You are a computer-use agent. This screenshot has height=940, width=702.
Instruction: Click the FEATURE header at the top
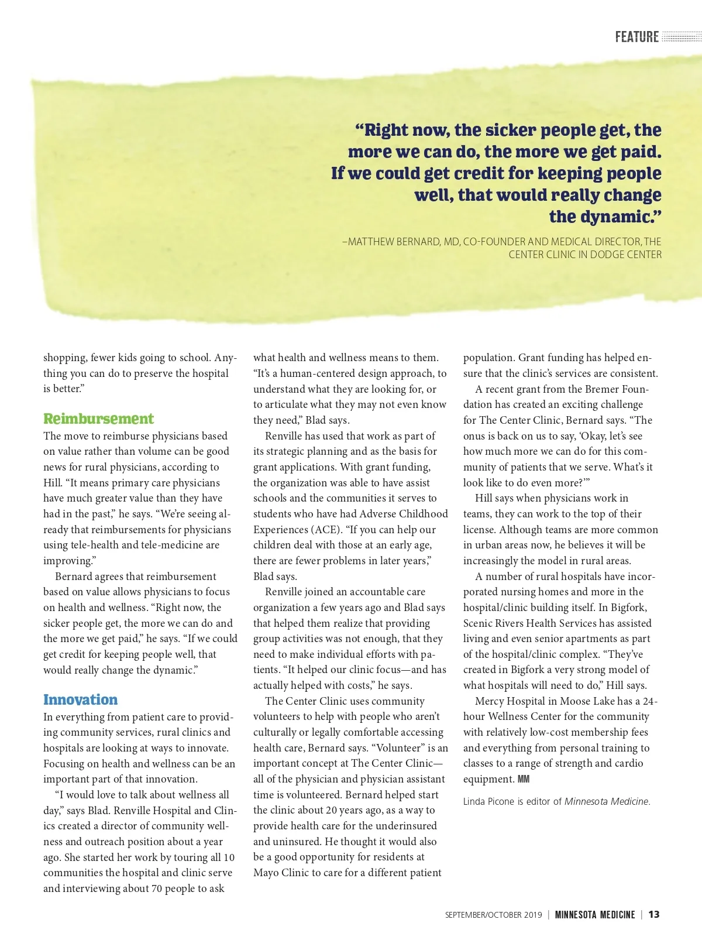[x=636, y=37]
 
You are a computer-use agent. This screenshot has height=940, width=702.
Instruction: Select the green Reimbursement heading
[x=98, y=419]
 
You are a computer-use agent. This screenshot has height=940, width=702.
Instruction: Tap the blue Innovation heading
[x=80, y=700]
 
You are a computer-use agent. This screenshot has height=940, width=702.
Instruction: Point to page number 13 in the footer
[x=654, y=915]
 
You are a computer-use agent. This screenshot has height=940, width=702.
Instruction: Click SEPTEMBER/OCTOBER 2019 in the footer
[x=493, y=915]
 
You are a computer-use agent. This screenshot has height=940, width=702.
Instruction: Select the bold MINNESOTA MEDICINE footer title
[x=594, y=915]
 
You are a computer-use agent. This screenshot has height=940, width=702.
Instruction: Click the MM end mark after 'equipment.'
[x=524, y=780]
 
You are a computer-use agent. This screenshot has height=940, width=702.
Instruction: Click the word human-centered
[x=320, y=373]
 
